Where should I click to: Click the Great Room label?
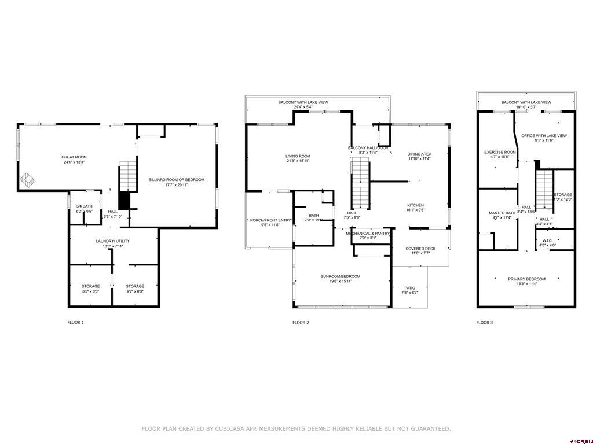click(x=74, y=157)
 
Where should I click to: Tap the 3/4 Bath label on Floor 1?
click(x=84, y=206)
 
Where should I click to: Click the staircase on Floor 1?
click(x=127, y=176)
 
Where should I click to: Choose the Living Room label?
click(x=298, y=156)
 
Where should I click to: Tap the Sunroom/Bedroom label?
click(x=341, y=276)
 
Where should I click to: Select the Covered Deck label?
click(x=420, y=249)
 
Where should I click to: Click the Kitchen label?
click(x=415, y=205)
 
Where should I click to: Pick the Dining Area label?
click(x=419, y=154)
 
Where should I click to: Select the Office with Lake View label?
click(x=544, y=135)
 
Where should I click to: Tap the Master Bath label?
click(x=498, y=213)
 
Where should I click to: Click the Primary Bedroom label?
click(x=526, y=279)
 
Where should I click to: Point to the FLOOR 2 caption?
click(x=301, y=322)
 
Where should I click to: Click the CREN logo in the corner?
click(x=581, y=439)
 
